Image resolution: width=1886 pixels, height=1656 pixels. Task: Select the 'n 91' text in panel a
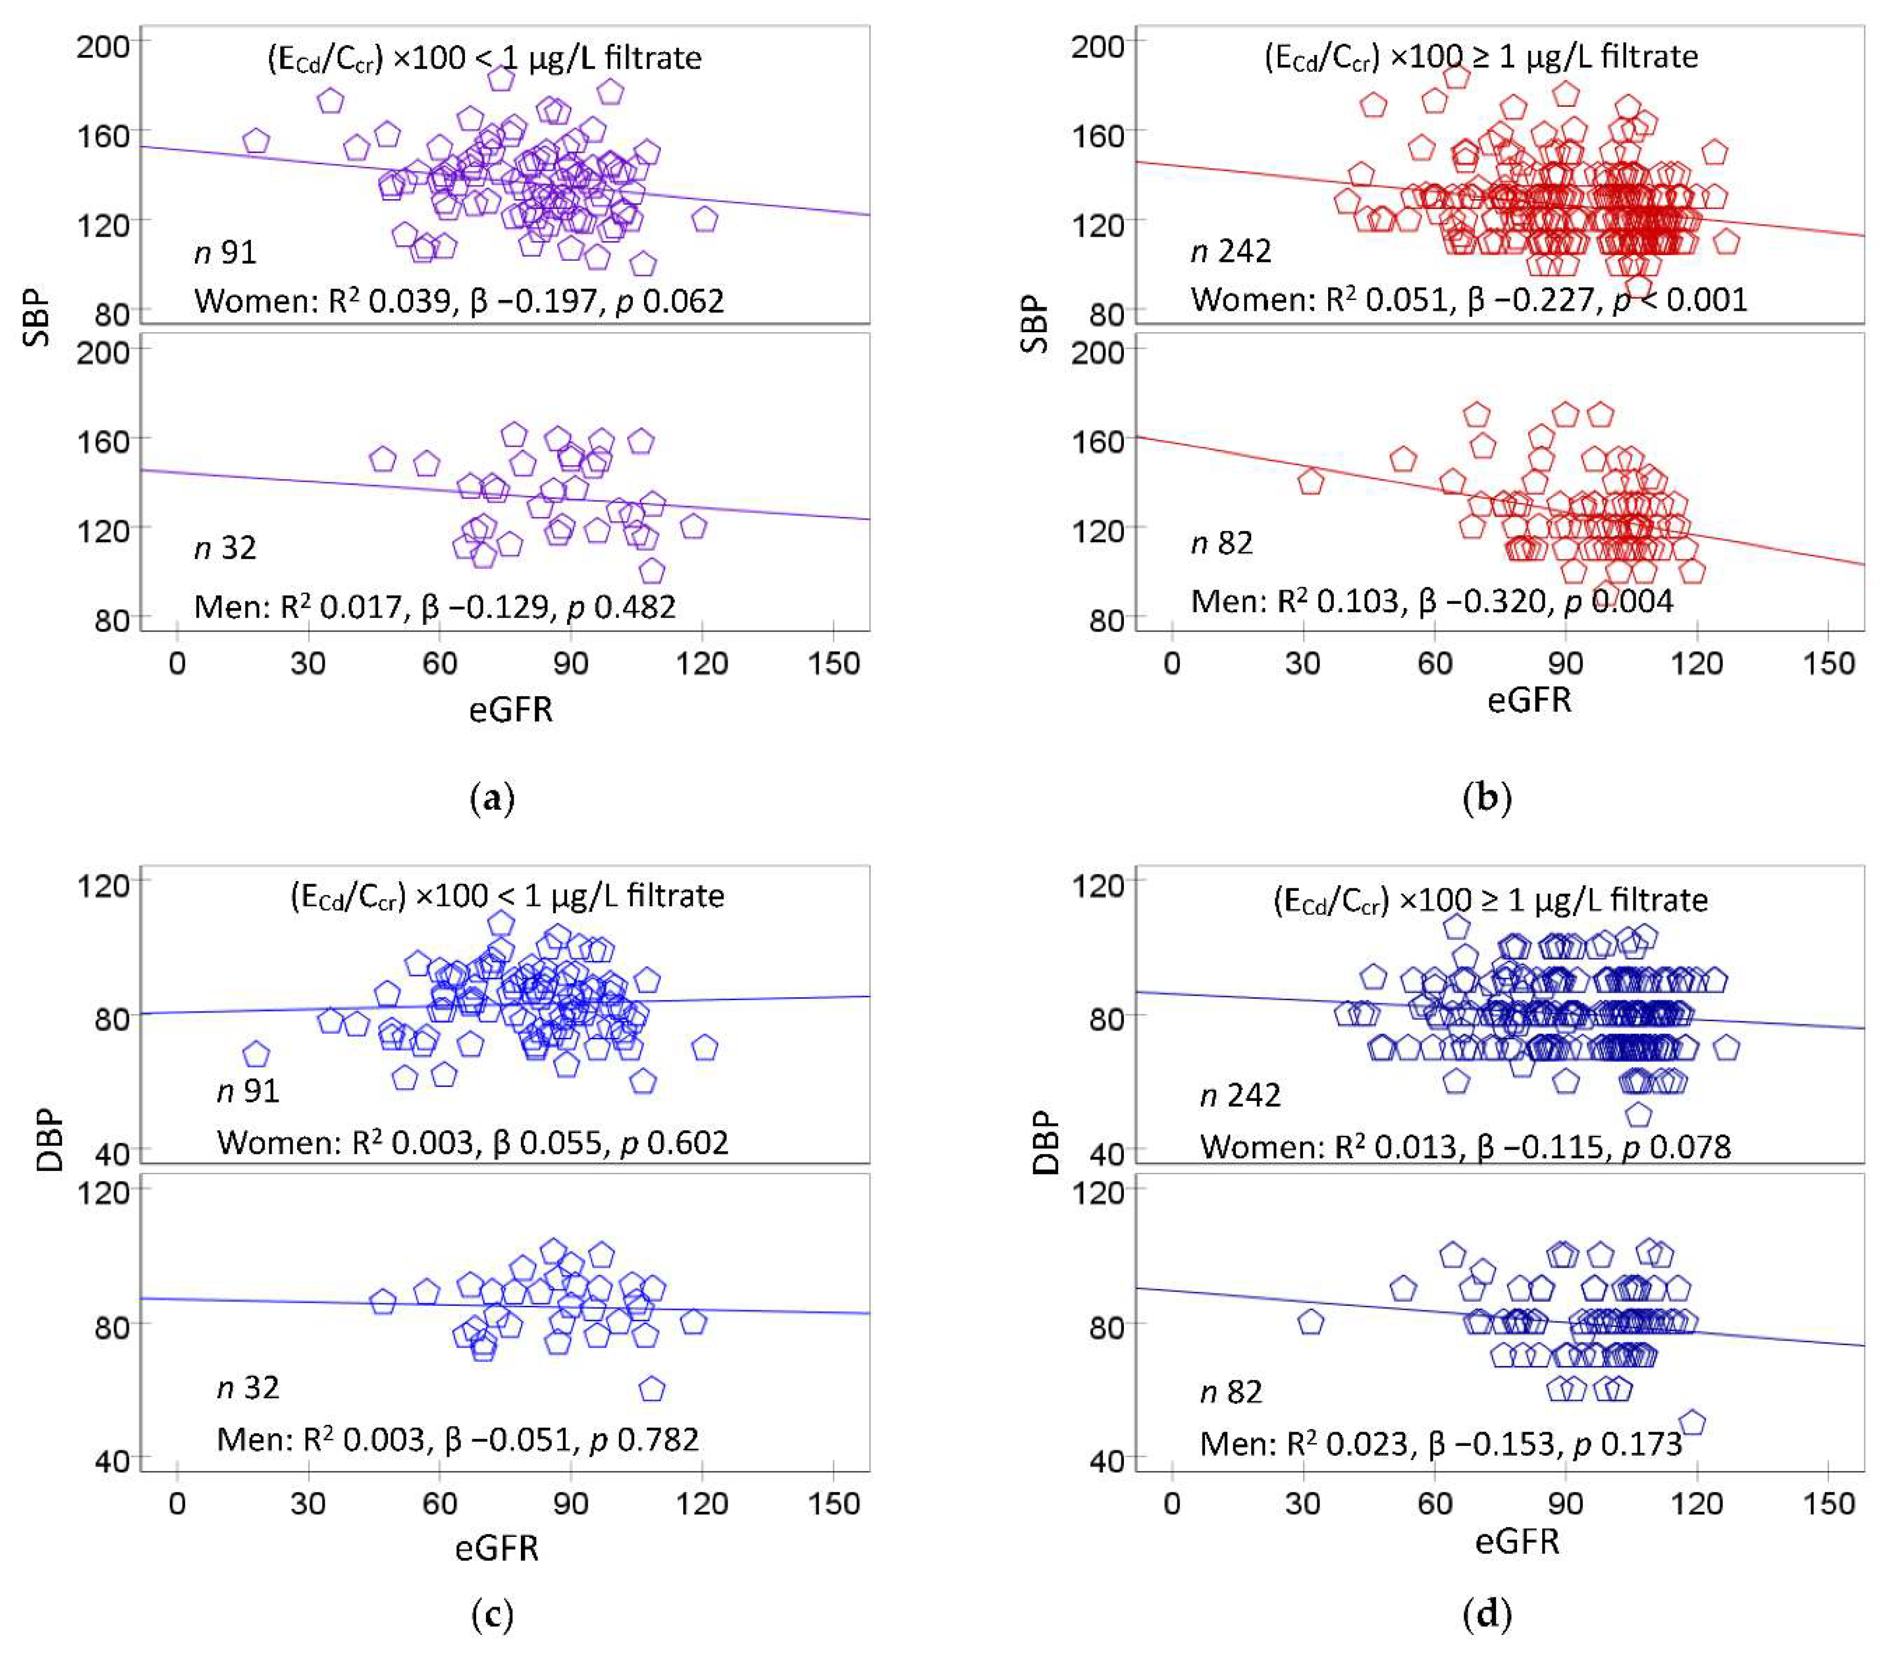(225, 252)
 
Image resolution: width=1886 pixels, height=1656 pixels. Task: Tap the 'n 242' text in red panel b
(1231, 251)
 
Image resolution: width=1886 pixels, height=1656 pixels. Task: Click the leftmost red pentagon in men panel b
(1310, 482)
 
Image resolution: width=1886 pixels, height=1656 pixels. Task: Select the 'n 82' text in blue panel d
(1231, 1392)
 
